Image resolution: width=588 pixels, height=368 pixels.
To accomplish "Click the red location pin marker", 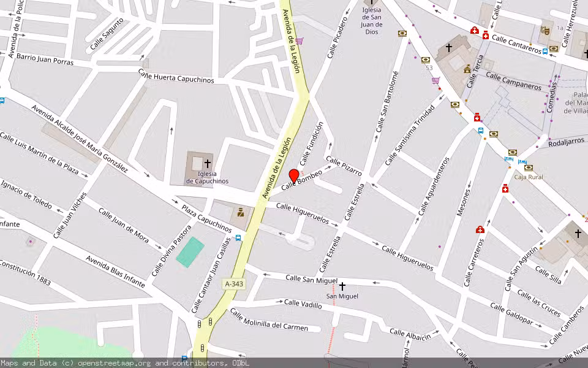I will click(x=294, y=176).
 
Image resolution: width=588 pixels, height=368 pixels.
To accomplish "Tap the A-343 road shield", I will click(x=234, y=284).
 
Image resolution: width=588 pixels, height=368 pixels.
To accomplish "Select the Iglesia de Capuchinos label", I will click(x=207, y=177).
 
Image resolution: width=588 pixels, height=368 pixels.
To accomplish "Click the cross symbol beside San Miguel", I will click(x=342, y=286).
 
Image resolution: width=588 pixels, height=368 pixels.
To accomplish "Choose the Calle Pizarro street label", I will click(x=344, y=166).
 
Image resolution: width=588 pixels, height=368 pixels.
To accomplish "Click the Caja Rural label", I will click(x=528, y=177).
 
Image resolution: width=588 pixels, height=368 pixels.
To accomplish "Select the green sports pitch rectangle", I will click(x=190, y=251).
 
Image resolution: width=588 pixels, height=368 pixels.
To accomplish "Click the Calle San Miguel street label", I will click(x=311, y=279).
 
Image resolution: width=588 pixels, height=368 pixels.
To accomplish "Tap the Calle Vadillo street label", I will click(x=303, y=304).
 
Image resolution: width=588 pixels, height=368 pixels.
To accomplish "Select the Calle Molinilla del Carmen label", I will click(x=269, y=320).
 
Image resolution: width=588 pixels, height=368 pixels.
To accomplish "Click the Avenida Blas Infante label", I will click(x=115, y=272).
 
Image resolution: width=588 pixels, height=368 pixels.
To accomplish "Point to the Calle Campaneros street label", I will click(x=513, y=80).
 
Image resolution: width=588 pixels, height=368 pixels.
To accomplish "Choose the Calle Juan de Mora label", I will click(x=124, y=225).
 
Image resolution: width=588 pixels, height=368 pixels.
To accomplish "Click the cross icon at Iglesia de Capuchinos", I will click(x=208, y=164).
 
